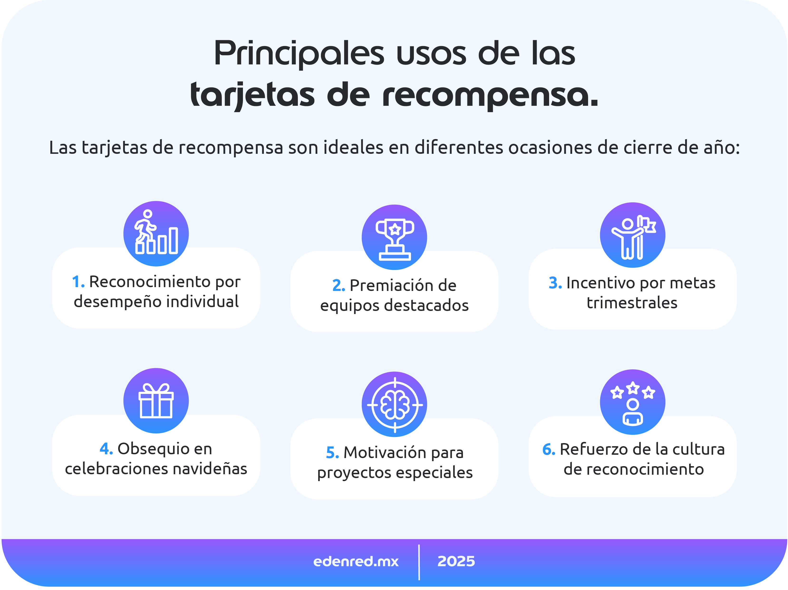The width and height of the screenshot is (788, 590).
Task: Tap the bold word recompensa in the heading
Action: [490, 96]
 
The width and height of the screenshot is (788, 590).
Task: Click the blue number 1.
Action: [78, 282]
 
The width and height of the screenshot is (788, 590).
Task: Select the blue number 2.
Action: [338, 286]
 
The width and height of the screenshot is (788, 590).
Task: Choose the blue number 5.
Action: [332, 453]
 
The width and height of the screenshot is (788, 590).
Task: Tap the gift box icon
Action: [156, 401]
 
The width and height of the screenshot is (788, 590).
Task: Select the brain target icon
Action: [394, 405]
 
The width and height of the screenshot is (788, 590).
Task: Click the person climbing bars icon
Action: [156, 234]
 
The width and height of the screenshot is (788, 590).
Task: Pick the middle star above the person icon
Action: [633, 388]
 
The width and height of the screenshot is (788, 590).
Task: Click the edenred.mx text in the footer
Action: [356, 561]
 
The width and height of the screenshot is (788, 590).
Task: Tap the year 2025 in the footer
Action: [456, 561]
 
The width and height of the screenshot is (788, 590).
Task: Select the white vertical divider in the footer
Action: [419, 562]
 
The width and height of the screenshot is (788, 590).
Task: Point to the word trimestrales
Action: [632, 303]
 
